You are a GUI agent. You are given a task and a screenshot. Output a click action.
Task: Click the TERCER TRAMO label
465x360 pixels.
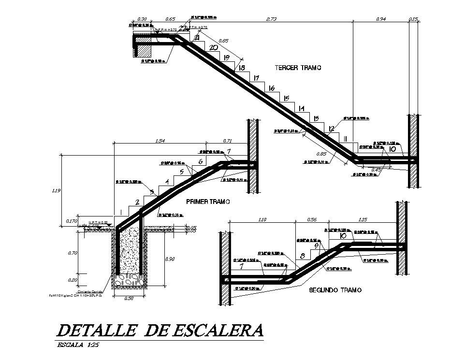(298, 68)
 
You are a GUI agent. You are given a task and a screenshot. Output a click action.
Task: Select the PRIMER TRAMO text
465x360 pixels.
(207, 202)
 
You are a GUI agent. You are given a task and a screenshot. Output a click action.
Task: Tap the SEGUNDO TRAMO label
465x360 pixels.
(335, 290)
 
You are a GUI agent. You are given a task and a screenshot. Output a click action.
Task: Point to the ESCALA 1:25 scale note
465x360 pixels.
(78, 345)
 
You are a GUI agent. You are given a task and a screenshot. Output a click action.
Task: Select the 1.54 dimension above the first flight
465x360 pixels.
(160, 141)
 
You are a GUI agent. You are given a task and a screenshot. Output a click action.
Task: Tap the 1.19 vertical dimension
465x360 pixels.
(56, 191)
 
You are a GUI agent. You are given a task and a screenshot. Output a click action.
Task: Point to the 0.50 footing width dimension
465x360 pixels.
(129, 299)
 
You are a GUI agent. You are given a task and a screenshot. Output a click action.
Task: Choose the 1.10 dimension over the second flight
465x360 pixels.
(262, 220)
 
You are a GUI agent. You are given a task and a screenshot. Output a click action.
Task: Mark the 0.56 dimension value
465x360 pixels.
(313, 220)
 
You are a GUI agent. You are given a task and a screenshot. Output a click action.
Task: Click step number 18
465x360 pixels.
(242, 68)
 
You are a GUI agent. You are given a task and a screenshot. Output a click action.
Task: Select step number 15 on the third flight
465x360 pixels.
(286, 98)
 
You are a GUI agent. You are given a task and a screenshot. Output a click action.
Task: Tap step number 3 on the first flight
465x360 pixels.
(152, 192)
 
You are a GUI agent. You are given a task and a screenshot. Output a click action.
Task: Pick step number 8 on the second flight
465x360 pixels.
(303, 256)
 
